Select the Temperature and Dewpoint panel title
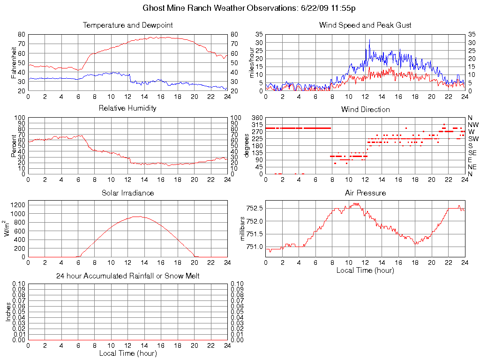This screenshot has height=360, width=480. point(127,25)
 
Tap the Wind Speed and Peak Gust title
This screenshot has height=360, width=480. point(365,25)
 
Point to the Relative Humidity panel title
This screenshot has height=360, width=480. point(127,108)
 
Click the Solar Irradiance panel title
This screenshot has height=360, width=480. point(127,193)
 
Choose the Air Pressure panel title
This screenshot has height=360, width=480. point(365,193)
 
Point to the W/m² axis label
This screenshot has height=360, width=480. point(7,229)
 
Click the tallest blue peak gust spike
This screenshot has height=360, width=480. point(369,40)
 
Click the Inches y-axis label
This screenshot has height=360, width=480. point(8,312)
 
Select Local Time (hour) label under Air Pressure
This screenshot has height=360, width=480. point(365,270)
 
